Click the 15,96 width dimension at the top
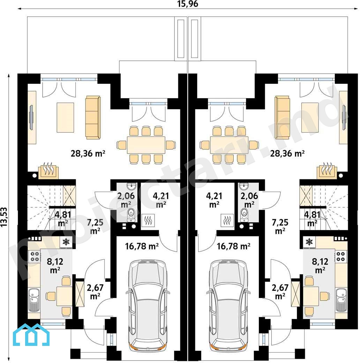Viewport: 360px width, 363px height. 188,4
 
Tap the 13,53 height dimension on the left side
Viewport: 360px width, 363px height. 4,217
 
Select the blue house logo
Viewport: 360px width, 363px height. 31,335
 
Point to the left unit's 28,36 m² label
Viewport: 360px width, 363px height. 88,153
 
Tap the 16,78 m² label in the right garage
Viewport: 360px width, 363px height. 233,246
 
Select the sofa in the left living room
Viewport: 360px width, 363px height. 93,118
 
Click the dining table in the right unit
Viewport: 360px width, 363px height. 229,145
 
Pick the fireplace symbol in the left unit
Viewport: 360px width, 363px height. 48,170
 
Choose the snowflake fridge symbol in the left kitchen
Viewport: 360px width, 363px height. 66,242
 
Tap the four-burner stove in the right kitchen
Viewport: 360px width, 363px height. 340,256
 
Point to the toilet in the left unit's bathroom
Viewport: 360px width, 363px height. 131,215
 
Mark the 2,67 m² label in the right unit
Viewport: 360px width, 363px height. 280,292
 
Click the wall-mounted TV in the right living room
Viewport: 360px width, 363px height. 344,117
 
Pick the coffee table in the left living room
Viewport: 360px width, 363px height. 66,118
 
